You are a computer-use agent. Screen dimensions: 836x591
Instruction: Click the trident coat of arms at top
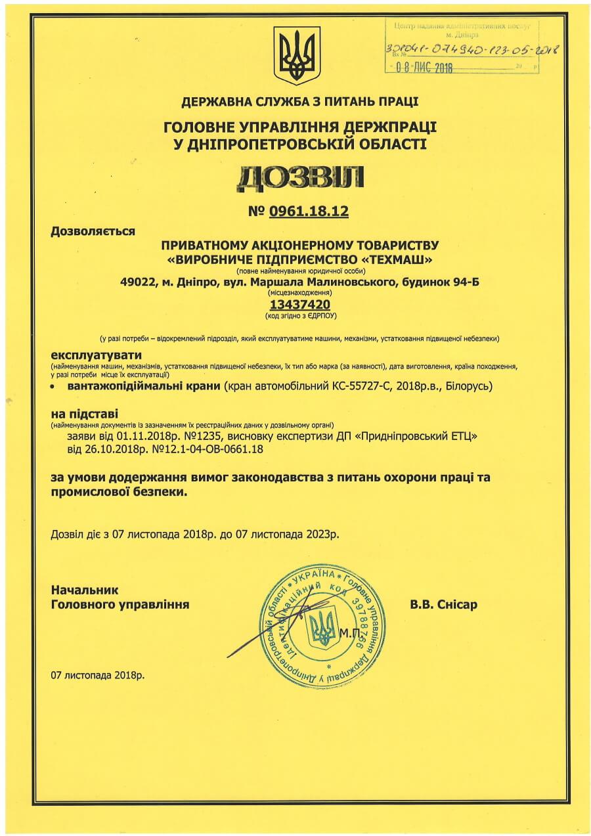[x=297, y=55]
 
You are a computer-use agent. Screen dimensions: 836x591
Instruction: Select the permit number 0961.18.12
[x=307, y=211]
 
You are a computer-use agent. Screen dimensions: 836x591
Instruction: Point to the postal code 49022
[x=137, y=282]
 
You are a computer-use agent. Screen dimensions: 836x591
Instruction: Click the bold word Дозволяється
[x=93, y=231]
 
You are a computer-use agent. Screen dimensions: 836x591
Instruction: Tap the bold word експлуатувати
[x=93, y=355]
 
